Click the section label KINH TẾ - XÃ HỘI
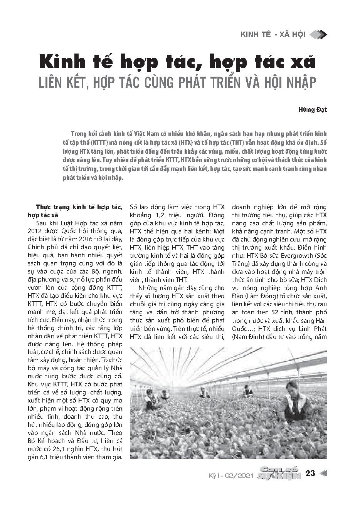click(x=273, y=35)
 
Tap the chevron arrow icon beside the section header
click(x=318, y=35)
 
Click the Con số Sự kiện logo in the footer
click(x=279, y=473)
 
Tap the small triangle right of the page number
click(x=324, y=473)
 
